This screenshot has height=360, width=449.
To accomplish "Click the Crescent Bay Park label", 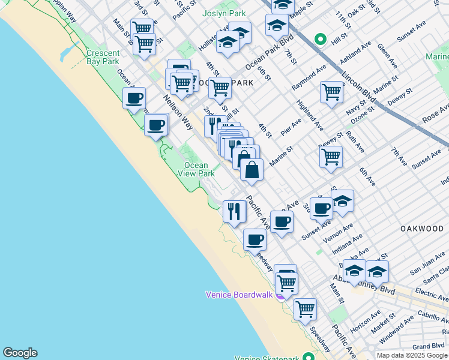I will tap(103, 57).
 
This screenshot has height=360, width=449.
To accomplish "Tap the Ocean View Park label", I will tap(196, 169).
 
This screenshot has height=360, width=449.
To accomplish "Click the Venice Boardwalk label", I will tap(239, 295).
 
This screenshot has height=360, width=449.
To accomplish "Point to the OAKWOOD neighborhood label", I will tap(422, 229).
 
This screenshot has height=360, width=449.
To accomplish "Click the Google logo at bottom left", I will tap(20, 353).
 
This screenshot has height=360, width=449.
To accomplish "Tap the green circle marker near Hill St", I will tap(321, 40).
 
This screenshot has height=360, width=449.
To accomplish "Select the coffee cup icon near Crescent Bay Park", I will tap(134, 98).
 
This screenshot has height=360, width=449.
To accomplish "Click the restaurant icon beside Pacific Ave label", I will tap(234, 211).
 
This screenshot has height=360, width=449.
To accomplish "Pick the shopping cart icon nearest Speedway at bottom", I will tap(305, 309).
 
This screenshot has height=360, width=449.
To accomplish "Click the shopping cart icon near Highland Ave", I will tap(331, 92).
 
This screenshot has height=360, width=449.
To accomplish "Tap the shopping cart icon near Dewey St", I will tap(331, 157).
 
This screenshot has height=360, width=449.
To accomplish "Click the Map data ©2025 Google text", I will tap(412, 355).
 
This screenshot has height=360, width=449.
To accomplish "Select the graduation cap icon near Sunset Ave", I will tap(342, 201).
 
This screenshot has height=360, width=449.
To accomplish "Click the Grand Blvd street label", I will tap(429, 346).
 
